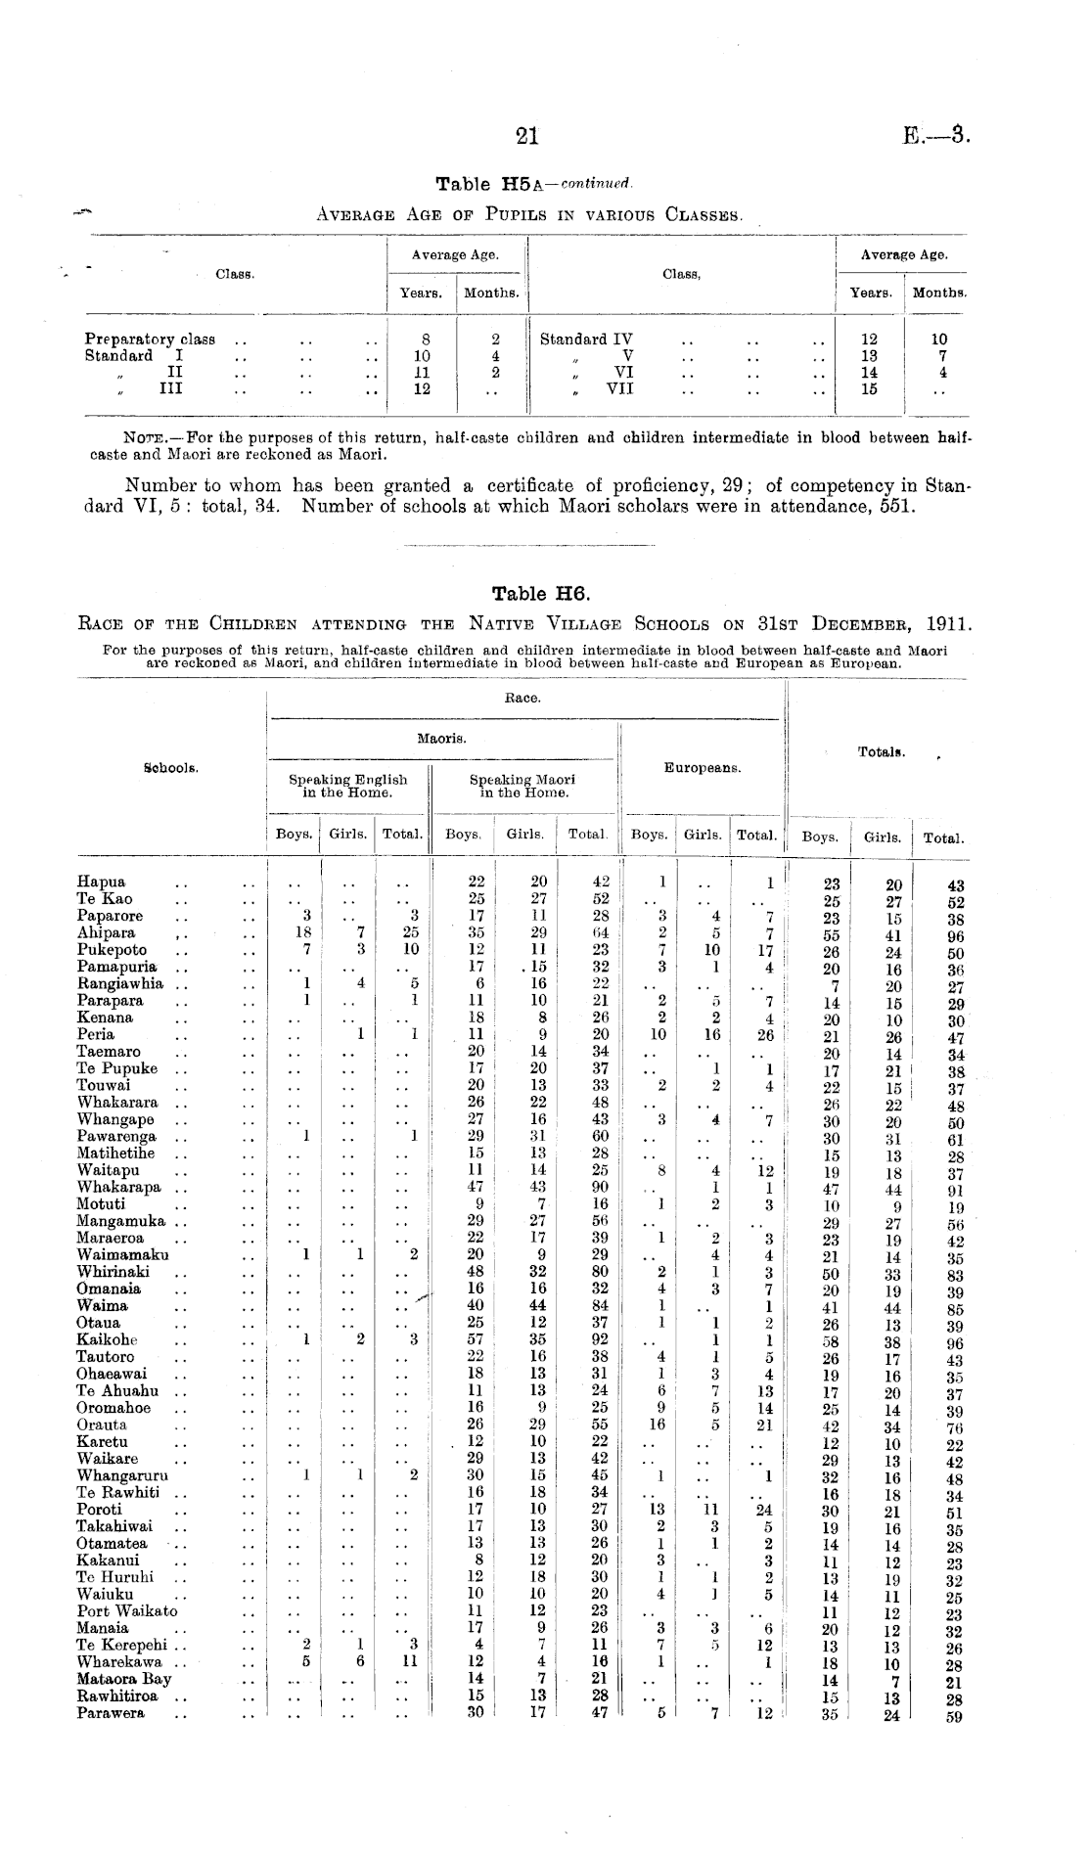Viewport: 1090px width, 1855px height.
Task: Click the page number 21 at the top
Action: click(527, 137)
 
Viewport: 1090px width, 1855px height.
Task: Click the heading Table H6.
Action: click(542, 593)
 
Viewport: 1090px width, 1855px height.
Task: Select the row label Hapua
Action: click(101, 882)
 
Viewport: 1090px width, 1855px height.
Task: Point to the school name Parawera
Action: click(110, 1713)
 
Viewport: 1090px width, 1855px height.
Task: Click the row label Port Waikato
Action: click(127, 1611)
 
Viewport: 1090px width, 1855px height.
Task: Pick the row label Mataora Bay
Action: click(124, 1679)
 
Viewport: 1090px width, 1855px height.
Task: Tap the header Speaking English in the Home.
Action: click(347, 787)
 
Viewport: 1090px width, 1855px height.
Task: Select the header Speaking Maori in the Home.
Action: click(522, 787)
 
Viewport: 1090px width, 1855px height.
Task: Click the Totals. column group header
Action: click(881, 752)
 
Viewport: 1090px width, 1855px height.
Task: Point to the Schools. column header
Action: click(171, 768)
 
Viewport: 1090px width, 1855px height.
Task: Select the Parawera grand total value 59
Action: click(955, 1716)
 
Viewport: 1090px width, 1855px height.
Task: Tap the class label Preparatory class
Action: click(150, 339)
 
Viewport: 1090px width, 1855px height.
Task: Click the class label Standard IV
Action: click(586, 339)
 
